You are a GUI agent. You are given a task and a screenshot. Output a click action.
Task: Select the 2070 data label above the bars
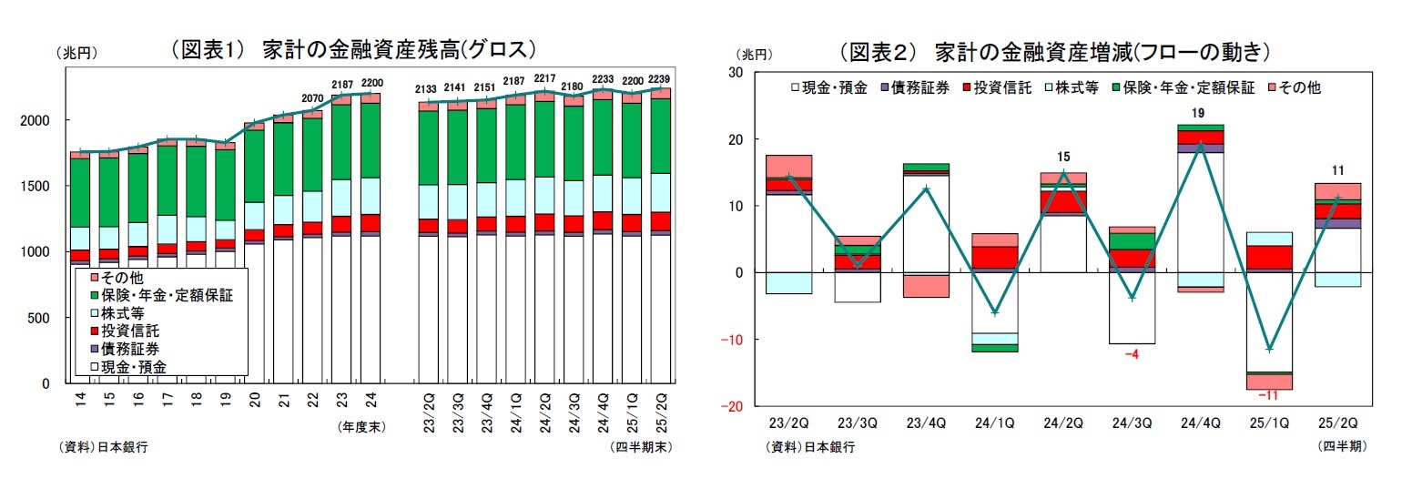(312, 97)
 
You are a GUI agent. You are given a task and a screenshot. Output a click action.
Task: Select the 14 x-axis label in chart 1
(80, 401)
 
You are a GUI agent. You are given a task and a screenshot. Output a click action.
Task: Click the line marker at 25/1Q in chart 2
(1268, 349)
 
